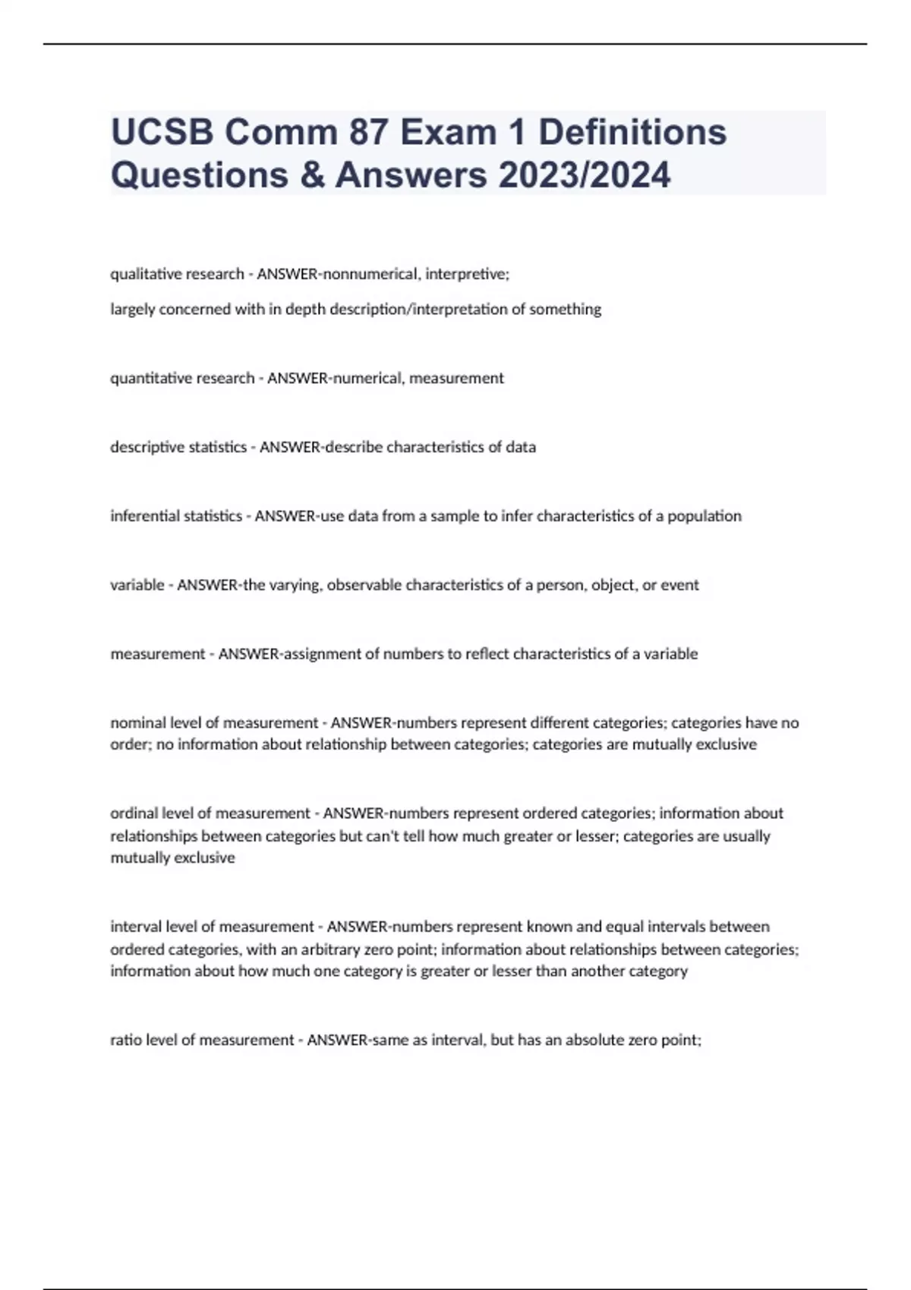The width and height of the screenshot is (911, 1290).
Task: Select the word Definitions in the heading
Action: point(632,132)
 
